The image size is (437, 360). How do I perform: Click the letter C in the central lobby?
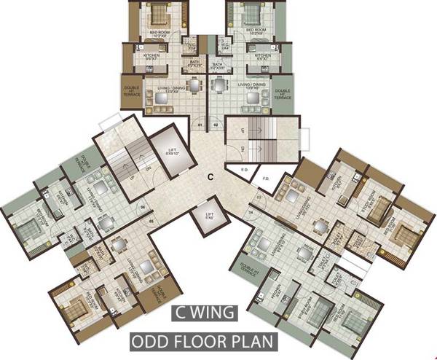click(x=209, y=176)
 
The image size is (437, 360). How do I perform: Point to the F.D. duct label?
click(x=265, y=177)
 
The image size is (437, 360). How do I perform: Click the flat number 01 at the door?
click(x=199, y=125)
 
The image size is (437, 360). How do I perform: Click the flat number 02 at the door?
click(x=216, y=125)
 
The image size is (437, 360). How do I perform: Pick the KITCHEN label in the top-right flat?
click(x=263, y=55)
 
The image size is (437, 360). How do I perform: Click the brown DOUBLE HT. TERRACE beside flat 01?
click(x=132, y=93)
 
